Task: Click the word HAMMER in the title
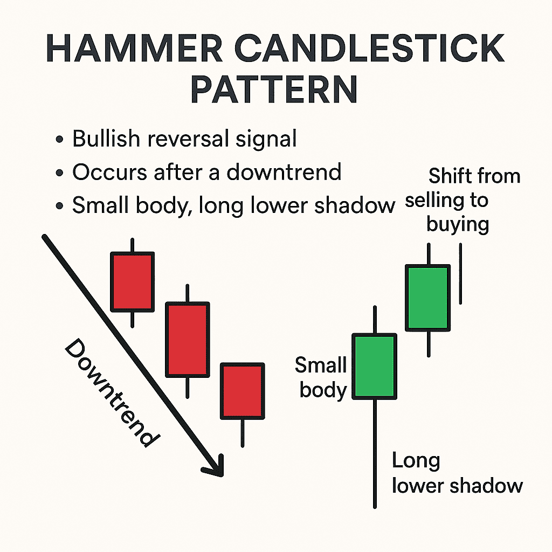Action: click(132, 50)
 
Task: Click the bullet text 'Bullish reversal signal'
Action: click(184, 139)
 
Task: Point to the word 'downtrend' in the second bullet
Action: click(284, 172)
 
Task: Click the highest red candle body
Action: click(132, 281)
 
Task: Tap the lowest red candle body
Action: click(242, 391)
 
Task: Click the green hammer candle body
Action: click(374, 367)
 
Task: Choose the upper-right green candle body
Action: click(428, 297)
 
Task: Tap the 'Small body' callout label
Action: click(321, 377)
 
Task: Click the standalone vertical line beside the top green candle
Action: click(460, 273)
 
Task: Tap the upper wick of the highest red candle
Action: click(132, 245)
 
